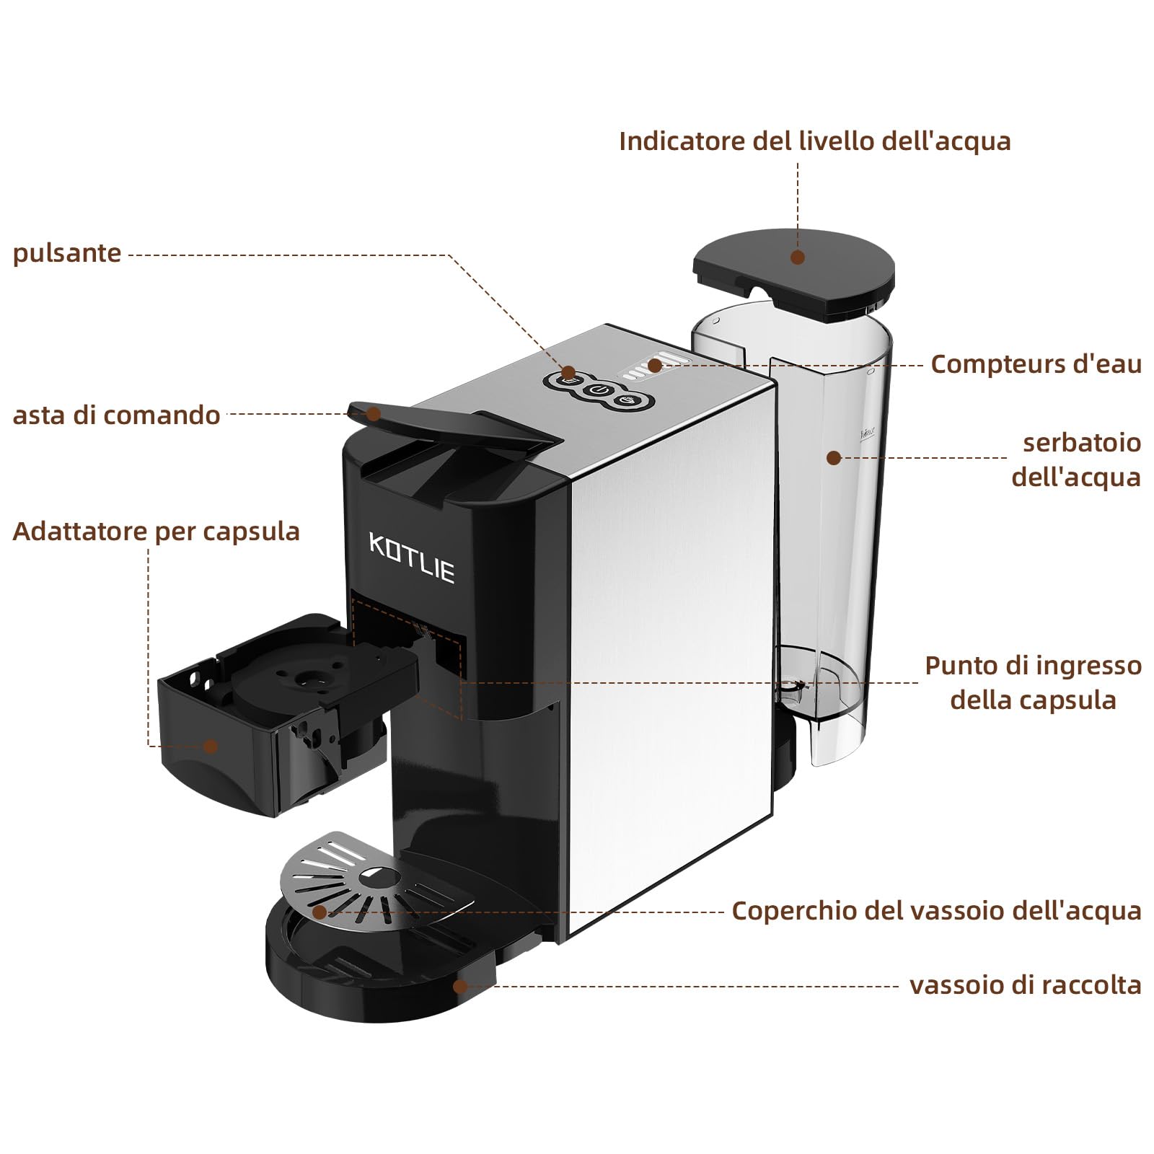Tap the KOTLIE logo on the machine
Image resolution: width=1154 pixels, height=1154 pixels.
(x=412, y=558)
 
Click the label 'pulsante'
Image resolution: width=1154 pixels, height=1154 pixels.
(x=67, y=254)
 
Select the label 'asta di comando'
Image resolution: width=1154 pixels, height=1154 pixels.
(x=116, y=415)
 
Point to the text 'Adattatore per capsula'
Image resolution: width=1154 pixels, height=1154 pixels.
(x=156, y=532)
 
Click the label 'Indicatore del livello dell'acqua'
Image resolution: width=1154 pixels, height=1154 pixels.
(x=814, y=141)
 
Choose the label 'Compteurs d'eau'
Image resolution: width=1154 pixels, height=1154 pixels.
(x=1036, y=364)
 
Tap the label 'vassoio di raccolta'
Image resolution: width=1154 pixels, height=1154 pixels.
(x=1025, y=985)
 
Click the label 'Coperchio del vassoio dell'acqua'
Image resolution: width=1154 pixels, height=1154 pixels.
(x=936, y=911)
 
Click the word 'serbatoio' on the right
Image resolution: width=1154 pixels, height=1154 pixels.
(x=1081, y=443)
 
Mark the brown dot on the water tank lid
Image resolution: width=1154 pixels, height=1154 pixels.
(x=797, y=257)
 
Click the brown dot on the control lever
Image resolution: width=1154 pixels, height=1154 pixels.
(x=373, y=414)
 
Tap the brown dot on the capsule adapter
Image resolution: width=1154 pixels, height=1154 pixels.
(x=210, y=746)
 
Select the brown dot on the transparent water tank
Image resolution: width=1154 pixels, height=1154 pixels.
(x=833, y=458)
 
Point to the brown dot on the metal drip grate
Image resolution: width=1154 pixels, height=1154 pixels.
(x=319, y=912)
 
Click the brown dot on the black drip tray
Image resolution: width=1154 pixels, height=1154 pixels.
(x=459, y=986)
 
